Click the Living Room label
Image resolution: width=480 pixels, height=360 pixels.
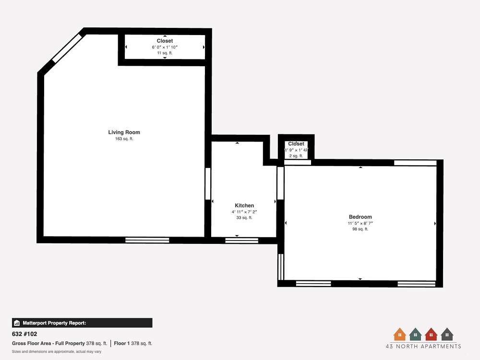click(124, 132)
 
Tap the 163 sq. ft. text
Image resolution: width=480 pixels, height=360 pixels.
click(124, 139)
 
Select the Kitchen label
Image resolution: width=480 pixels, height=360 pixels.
click(244, 205)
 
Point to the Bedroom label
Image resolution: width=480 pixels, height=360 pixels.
click(360, 217)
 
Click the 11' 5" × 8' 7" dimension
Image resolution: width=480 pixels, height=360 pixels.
click(360, 223)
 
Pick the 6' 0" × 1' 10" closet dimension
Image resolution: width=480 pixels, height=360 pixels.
click(165, 47)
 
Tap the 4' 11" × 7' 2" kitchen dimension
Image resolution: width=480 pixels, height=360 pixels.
click(244, 212)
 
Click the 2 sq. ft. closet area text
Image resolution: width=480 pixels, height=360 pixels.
click(296, 156)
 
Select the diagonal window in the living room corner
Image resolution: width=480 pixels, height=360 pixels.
click(67, 48)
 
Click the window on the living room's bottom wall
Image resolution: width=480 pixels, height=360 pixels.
click(147, 240)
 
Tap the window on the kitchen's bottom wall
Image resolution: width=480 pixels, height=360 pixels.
click(241, 240)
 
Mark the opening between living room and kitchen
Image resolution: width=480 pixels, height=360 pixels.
click(208, 183)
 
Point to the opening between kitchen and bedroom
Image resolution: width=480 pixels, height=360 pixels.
click(280, 183)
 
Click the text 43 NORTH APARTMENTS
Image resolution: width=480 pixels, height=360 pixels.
click(423, 346)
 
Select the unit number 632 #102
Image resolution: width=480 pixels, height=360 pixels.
click(24, 334)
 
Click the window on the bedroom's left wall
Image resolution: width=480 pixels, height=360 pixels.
click(281, 267)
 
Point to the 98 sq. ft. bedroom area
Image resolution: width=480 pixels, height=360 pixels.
click(360, 229)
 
